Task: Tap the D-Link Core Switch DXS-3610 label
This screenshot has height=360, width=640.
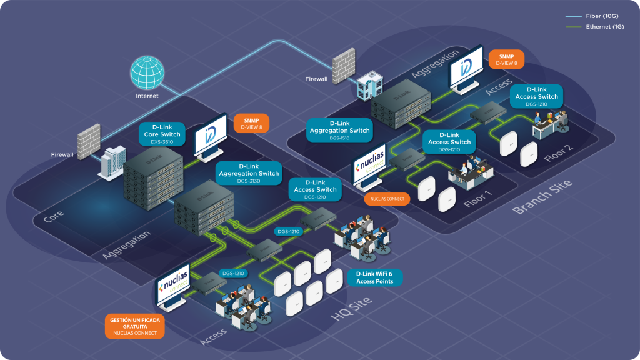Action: pos(162,134)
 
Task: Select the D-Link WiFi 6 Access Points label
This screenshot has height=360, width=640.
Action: pos(375,277)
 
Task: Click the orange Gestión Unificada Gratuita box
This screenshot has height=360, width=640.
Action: pos(135,324)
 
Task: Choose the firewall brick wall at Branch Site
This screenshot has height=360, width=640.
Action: pos(343,63)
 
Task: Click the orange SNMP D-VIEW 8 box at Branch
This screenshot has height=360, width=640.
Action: pos(507,59)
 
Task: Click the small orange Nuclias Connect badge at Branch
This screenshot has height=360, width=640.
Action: pos(387,199)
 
